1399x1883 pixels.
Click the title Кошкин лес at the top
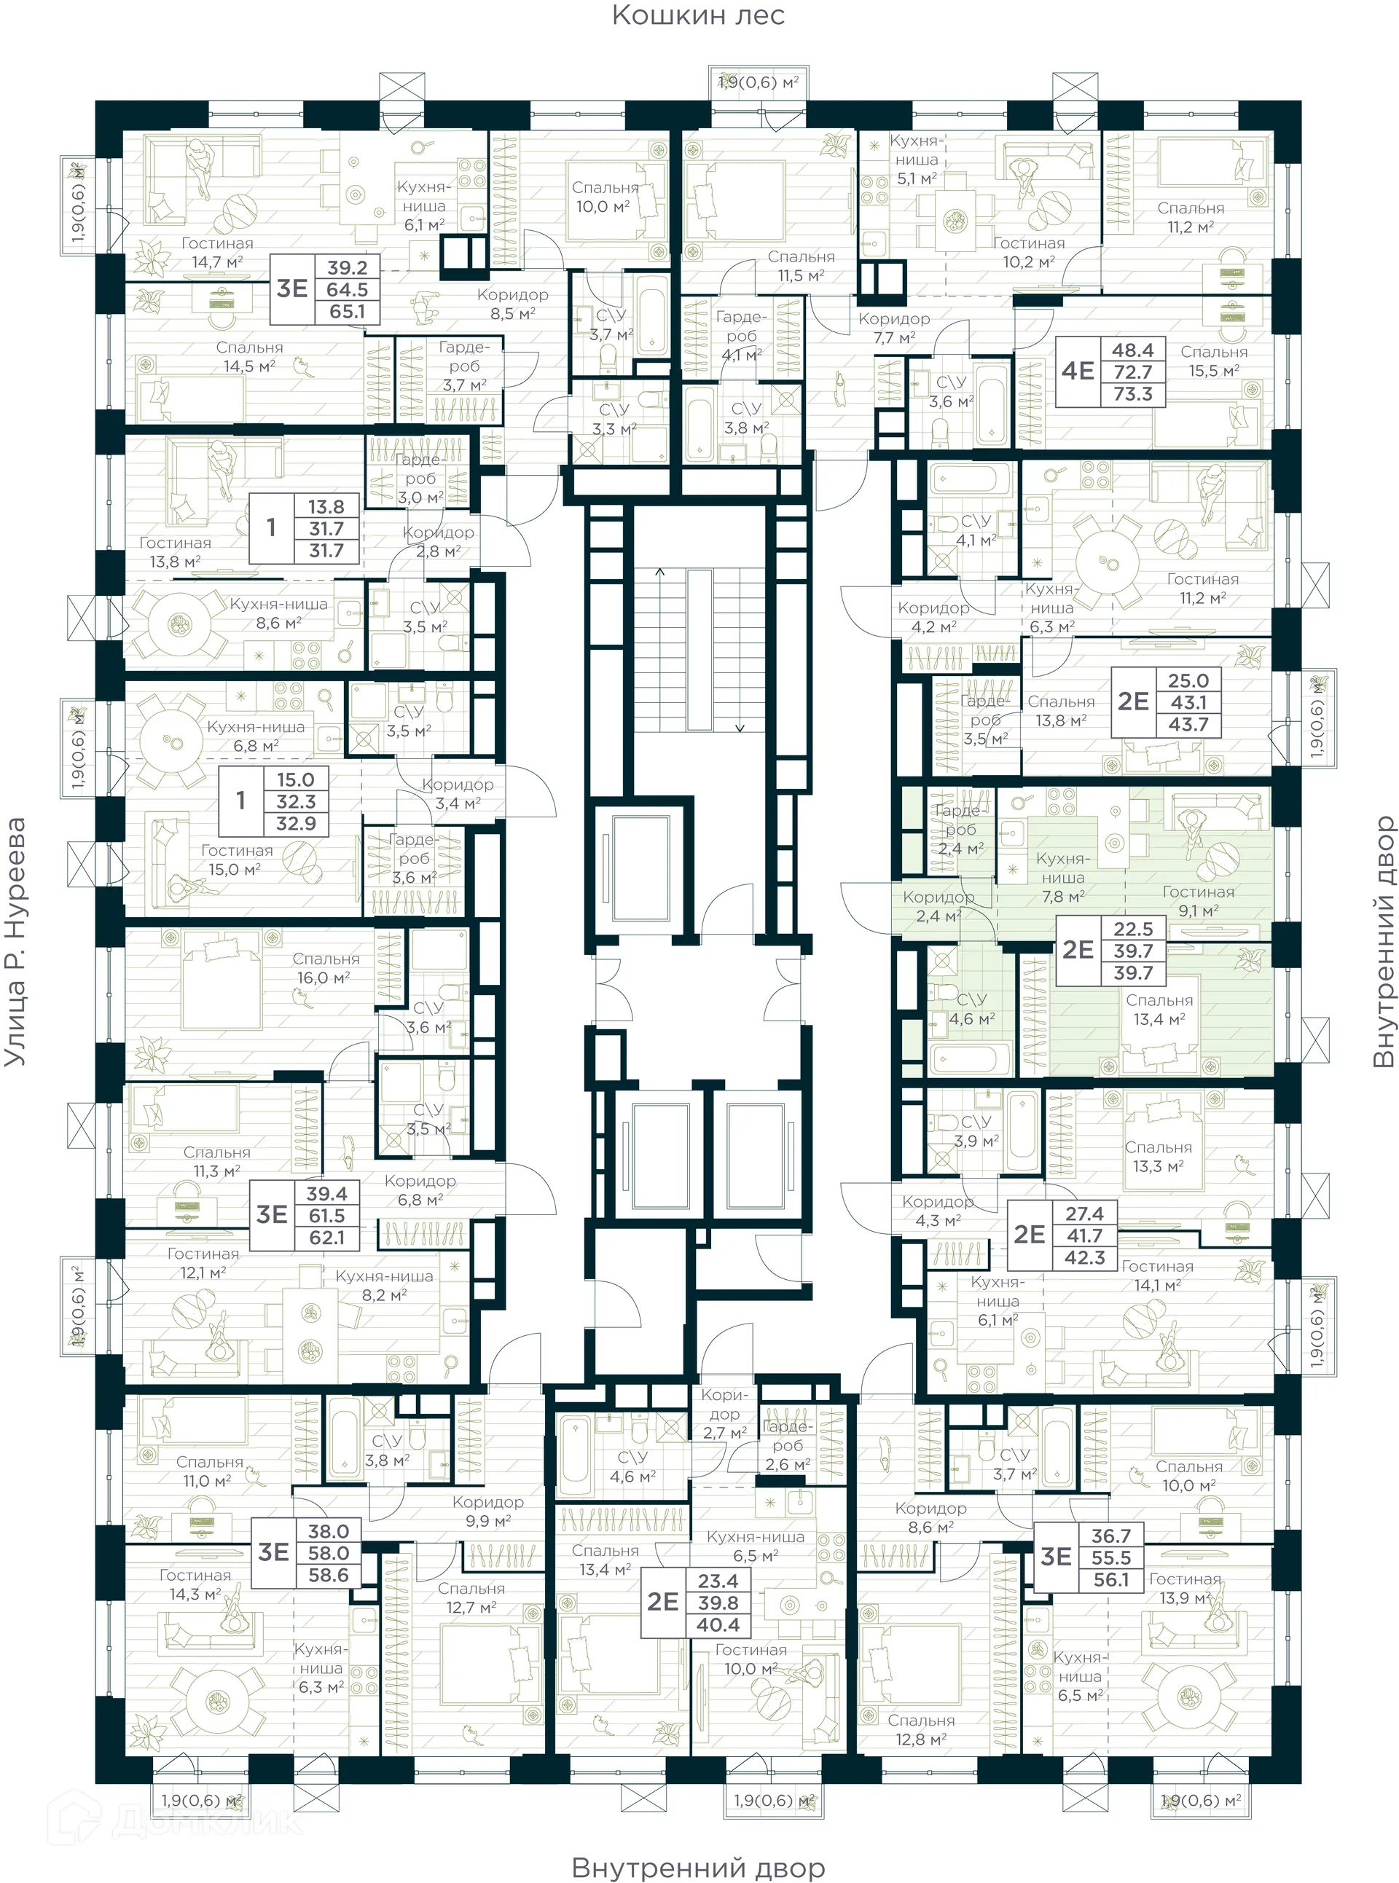(698, 15)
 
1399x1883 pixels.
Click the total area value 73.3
(1132, 393)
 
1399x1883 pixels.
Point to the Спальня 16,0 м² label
(325, 968)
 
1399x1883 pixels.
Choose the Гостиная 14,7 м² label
(217, 252)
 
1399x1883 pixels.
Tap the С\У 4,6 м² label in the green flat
(971, 1009)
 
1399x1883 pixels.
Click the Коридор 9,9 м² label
(487, 1511)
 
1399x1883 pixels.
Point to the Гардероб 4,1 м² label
(741, 335)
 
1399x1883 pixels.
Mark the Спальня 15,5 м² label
(1212, 361)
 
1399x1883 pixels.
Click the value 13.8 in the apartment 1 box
(326, 506)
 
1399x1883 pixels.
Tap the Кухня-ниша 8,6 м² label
(278, 613)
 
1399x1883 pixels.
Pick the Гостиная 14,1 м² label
(1157, 1275)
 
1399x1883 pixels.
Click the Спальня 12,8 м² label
(920, 1730)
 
